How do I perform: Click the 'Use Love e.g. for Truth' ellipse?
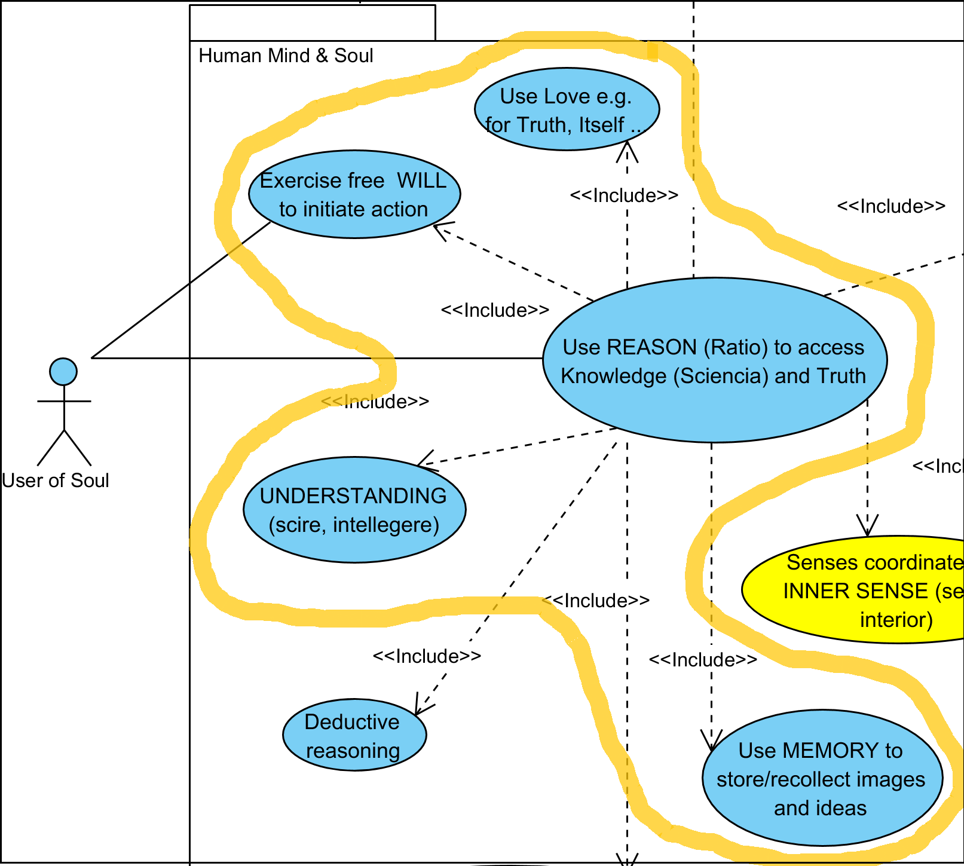click(x=567, y=109)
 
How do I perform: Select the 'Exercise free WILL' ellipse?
click(x=354, y=194)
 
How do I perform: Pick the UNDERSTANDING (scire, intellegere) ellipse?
click(x=354, y=510)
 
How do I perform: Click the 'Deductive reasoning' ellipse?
click(x=354, y=735)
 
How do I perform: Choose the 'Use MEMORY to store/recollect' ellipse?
click(x=822, y=778)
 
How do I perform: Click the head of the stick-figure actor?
click(x=63, y=372)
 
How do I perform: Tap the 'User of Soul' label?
click(x=56, y=481)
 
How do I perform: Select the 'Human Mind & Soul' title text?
click(x=286, y=56)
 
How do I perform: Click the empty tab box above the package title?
click(x=312, y=23)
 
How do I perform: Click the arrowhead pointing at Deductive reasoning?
click(x=421, y=708)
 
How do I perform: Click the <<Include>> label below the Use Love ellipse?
click(x=624, y=195)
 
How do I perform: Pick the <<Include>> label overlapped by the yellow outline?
click(x=375, y=402)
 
